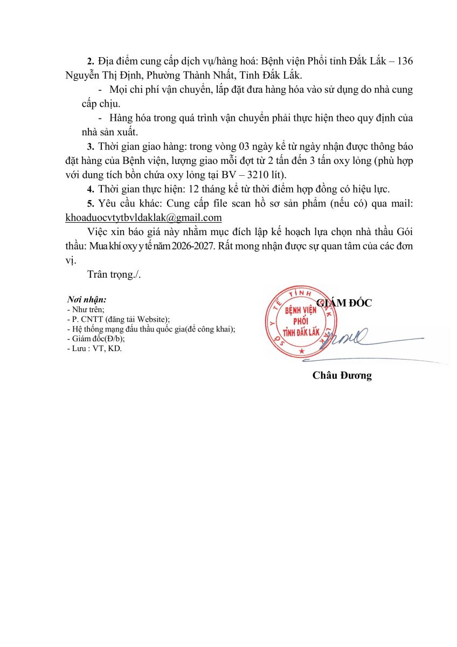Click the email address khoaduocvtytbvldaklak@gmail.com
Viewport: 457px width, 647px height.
[143, 217]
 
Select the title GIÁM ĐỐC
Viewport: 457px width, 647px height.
[345, 303]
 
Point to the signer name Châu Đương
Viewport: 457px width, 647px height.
[342, 376]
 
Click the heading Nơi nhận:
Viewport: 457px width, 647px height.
[86, 299]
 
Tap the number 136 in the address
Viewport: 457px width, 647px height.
[404, 61]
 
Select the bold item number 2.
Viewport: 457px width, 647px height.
[90, 61]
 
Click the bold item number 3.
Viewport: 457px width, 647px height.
[90, 147]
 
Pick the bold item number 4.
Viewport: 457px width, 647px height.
[90, 189]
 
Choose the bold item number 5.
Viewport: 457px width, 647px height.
[90, 203]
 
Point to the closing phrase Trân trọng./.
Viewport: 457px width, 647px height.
[114, 274]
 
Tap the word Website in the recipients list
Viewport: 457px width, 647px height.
[152, 319]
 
